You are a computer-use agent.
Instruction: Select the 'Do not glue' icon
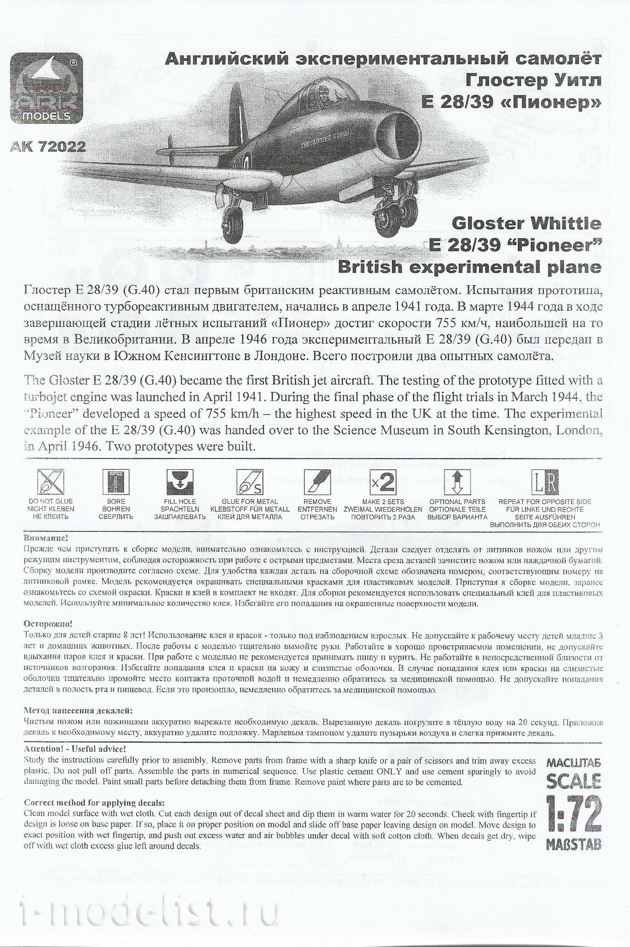tap(51, 482)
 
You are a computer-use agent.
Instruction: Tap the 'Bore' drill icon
tap(116, 482)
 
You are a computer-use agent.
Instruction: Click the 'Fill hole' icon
tap(180, 482)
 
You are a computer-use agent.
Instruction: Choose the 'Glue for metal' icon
tap(250, 482)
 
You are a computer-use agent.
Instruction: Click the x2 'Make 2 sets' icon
tap(383, 482)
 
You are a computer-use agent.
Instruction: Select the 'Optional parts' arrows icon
tap(457, 482)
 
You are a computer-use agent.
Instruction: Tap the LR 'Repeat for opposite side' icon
tap(545, 482)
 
